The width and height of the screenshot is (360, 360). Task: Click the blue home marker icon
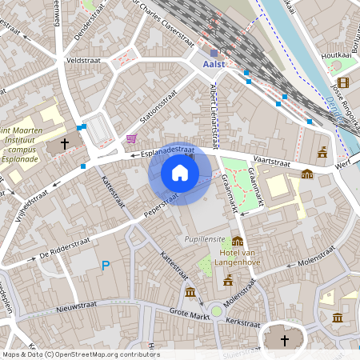(180, 173)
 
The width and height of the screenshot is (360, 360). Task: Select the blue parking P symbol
(105, 266)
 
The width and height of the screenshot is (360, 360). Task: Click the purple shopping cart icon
(131, 139)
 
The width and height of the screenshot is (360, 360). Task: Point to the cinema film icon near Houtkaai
(343, 82)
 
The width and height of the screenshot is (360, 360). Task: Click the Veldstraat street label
(83, 60)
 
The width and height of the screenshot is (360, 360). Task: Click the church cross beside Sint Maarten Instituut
(63, 146)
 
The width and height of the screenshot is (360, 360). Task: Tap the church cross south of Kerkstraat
(284, 341)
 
